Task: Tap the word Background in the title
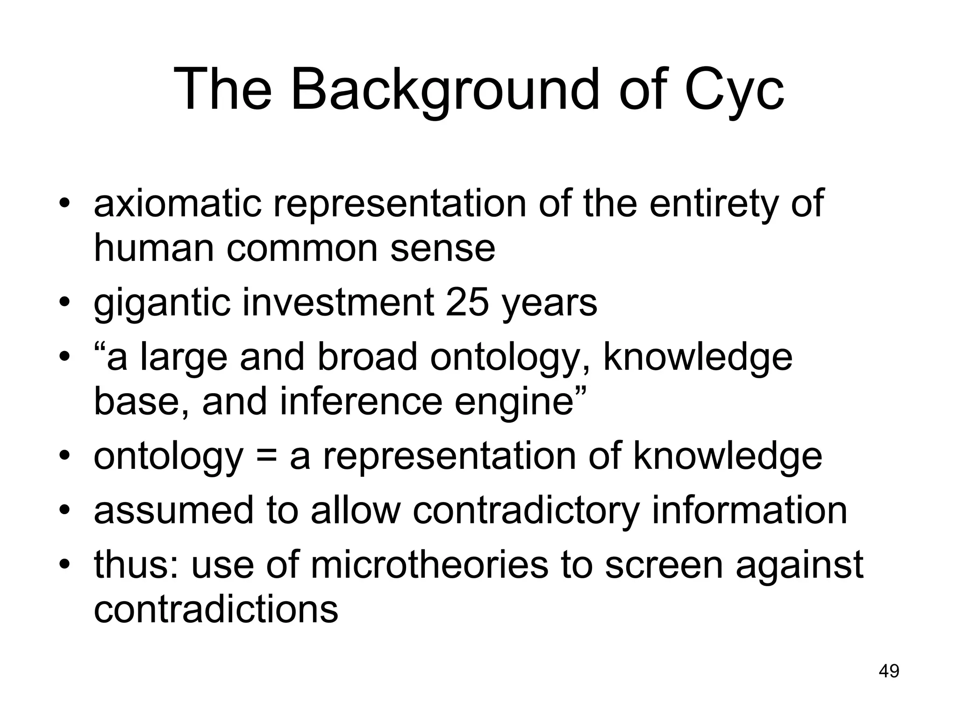[444, 90]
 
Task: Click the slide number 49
[889, 671]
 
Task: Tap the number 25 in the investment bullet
[468, 303]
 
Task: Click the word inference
[361, 402]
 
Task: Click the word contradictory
[525, 510]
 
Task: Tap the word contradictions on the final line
[216, 609]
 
